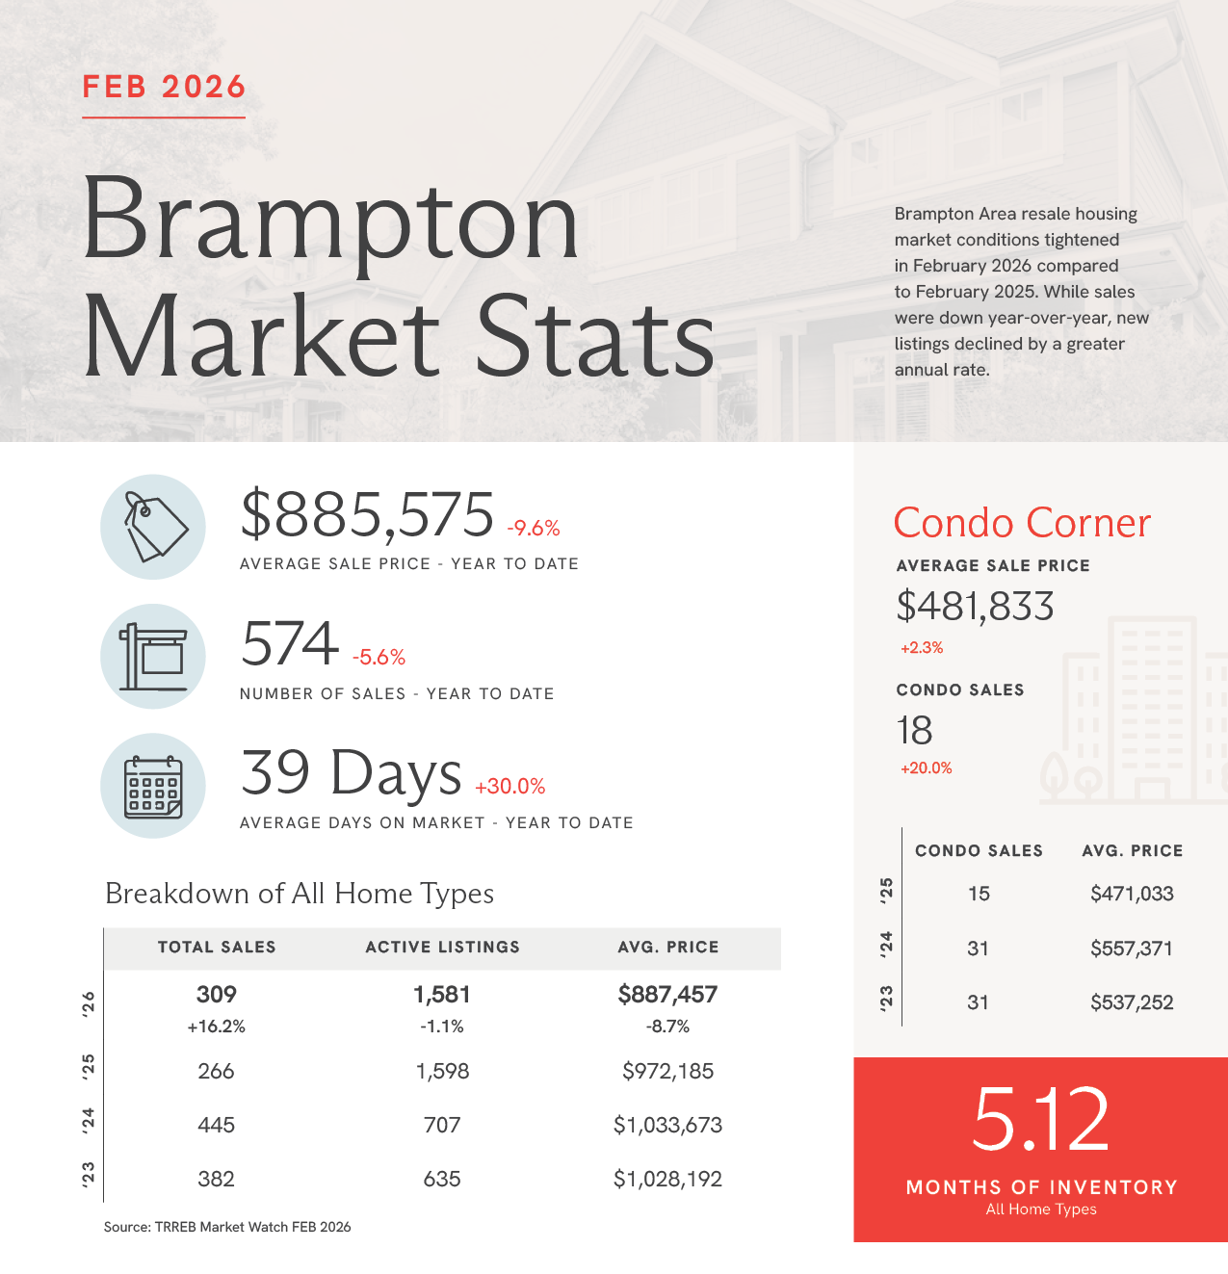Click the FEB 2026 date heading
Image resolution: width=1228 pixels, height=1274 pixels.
[164, 87]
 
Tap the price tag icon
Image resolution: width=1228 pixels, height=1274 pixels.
[153, 527]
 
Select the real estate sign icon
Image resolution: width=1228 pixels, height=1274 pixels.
[153, 657]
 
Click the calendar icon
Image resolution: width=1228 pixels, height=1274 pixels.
[153, 786]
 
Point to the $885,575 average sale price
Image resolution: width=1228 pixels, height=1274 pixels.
[367, 514]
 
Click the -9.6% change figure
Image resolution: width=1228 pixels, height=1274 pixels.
[534, 528]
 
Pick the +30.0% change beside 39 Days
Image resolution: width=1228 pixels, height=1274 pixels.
[509, 786]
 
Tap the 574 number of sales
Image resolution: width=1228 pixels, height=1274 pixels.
[290, 643]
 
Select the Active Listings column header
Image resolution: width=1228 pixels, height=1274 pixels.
[442, 948]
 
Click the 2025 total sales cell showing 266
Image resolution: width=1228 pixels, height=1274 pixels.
[216, 1071]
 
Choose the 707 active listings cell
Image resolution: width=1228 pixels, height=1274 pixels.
[442, 1125]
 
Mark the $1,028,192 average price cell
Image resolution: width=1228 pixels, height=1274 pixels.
[667, 1179]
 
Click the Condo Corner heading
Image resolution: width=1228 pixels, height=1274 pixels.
[1022, 523]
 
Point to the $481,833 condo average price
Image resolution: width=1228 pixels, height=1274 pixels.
[975, 607]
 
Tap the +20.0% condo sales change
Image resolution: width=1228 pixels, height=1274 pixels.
[926, 768]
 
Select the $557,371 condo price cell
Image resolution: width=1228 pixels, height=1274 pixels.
[1132, 949]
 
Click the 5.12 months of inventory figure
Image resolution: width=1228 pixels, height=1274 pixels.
[1040, 1119]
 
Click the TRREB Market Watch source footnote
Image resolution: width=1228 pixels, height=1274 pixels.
[227, 1227]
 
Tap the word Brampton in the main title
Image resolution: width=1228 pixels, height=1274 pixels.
[330, 221]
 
